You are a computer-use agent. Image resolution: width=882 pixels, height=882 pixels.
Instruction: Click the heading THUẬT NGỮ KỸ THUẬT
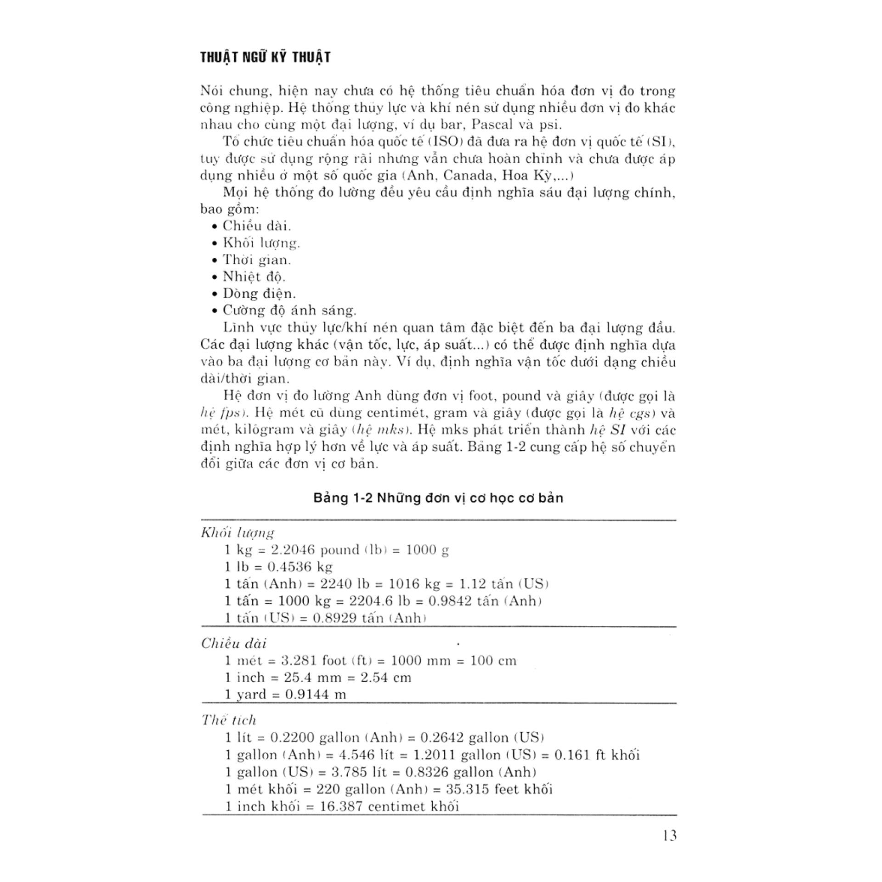pos(266,57)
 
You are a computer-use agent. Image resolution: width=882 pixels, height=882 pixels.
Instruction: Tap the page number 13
pos(669,835)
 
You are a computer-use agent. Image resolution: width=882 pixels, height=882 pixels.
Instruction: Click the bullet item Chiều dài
pos(257,226)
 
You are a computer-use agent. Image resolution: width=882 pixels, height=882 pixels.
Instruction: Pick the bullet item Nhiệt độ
pos(254,277)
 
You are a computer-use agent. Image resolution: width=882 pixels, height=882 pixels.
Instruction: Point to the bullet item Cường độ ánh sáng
pos(289,311)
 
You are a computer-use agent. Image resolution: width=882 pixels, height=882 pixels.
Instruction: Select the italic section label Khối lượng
pos(237,532)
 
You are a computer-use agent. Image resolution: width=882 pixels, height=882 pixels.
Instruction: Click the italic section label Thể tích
pos(229,719)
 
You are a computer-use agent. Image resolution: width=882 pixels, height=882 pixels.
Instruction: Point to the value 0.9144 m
pos(315,695)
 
